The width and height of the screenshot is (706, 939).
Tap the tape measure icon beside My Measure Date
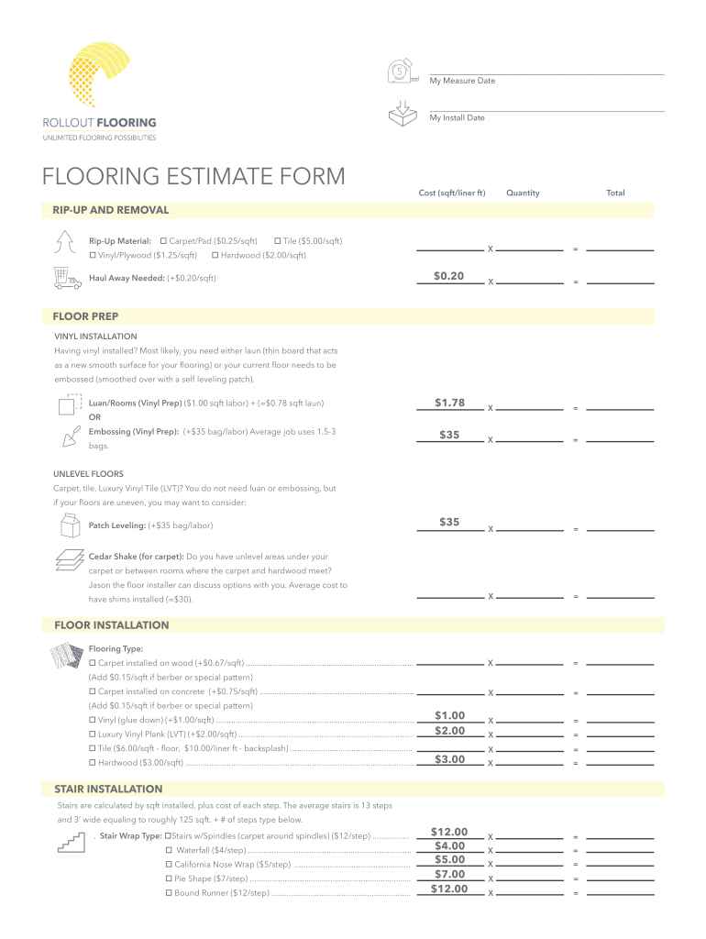(401, 72)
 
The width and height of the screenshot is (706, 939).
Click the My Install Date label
(457, 117)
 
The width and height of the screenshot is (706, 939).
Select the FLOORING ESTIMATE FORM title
(193, 176)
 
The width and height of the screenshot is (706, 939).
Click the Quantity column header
(523, 193)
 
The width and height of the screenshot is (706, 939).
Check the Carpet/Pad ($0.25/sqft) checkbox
(162, 240)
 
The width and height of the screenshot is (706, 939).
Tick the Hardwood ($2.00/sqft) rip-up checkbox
(215, 255)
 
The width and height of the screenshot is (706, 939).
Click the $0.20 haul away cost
(448, 276)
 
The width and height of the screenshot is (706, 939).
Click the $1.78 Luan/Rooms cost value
(448, 403)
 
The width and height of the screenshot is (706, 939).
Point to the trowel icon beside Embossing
(68, 436)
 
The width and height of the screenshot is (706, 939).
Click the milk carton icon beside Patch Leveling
(68, 526)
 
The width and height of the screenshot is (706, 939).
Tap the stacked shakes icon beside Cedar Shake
(68, 560)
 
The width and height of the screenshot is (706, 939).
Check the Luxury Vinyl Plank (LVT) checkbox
(93, 735)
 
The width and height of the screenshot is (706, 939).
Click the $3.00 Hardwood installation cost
(449, 759)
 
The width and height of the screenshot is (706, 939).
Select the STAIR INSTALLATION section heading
(108, 789)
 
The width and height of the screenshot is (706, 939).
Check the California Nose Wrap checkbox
(169, 865)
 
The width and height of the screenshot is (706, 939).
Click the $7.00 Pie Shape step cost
(449, 874)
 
